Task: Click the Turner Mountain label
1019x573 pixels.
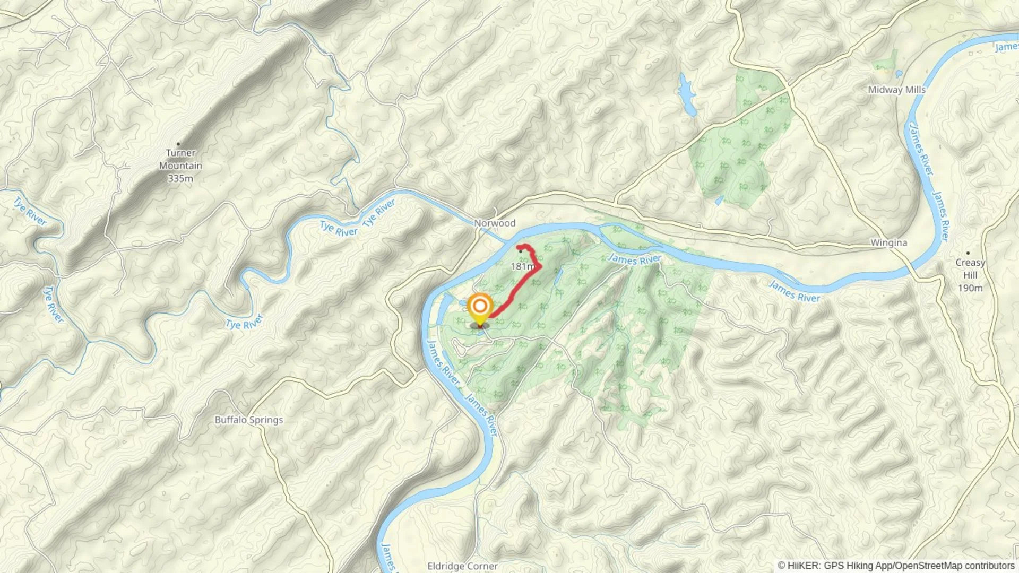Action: [180, 159]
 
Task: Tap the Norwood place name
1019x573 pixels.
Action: [495, 223]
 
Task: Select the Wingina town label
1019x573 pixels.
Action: [888, 243]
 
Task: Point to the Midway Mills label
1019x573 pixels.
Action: [896, 90]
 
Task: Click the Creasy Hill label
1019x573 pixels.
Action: [970, 269]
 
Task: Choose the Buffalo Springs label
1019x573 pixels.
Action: [248, 420]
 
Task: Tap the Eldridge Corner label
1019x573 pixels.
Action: [462, 566]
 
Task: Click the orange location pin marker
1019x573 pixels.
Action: [480, 307]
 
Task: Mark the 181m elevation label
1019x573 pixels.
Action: [522, 266]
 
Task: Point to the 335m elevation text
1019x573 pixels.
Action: [180, 179]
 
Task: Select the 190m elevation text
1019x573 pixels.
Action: [970, 288]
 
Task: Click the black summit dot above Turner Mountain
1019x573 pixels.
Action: [178, 144]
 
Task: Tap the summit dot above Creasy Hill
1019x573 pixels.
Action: [968, 253]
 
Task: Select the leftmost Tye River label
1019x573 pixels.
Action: [30, 211]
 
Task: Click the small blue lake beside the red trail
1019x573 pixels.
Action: [558, 276]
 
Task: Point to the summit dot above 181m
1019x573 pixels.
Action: [521, 251]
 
